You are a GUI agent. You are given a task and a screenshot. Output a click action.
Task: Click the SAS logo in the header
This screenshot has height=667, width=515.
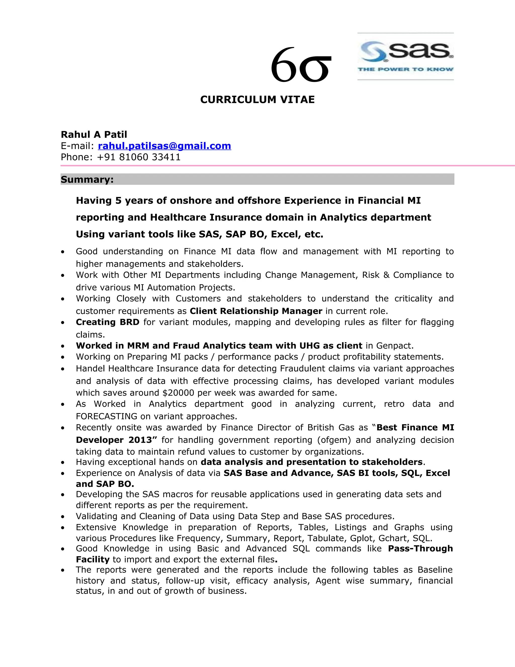(x=405, y=56)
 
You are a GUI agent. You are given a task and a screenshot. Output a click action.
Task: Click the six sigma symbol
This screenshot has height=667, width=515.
(x=301, y=65)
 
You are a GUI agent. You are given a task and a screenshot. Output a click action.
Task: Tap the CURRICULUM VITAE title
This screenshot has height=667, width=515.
(x=257, y=100)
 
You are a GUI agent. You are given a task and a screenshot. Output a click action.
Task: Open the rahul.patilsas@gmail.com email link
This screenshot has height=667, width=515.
(x=164, y=146)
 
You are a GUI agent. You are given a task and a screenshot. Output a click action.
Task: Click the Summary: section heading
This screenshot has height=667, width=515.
(x=87, y=179)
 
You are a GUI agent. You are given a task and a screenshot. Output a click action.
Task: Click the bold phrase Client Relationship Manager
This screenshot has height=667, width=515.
(x=256, y=311)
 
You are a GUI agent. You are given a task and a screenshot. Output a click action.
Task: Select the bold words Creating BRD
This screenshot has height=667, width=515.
(x=107, y=322)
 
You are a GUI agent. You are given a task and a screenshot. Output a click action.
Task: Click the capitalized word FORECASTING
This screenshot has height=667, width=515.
(x=106, y=416)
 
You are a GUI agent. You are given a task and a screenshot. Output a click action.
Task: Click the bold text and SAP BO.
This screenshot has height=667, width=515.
(x=105, y=484)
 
